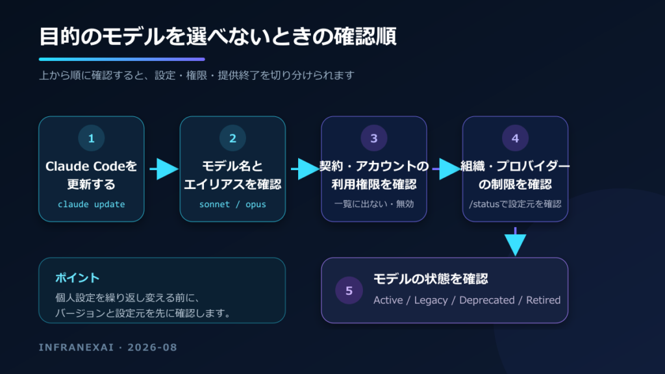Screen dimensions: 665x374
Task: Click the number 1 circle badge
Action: pos(91,138)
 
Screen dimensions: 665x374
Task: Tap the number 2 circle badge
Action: pos(232,138)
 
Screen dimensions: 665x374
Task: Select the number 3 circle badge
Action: pos(373,138)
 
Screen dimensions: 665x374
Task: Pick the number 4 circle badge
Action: pos(515,138)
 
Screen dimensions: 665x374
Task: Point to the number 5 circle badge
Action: pos(349,290)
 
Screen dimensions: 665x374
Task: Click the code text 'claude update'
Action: pos(91,205)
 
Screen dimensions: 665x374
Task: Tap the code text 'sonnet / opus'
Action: pos(232,205)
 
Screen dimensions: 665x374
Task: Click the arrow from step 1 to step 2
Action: pos(164,169)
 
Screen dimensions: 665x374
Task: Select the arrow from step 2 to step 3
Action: pos(305,169)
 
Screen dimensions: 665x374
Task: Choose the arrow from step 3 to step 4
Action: pos(447,169)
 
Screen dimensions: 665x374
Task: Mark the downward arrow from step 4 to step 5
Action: pos(515,242)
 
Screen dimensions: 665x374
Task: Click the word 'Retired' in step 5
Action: pos(544,300)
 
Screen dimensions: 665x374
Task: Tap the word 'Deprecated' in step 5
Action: pos(487,300)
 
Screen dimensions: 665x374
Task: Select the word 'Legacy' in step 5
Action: pos(431,300)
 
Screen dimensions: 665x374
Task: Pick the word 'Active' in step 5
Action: pos(388,300)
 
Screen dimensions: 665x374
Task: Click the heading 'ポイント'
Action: pos(77,278)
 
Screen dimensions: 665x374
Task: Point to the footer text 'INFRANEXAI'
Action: pos(77,347)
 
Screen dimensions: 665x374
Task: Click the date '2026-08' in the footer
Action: pos(152,347)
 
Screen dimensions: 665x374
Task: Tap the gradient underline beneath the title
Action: pos(121,59)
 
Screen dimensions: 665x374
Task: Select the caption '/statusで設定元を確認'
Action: pos(515,204)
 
